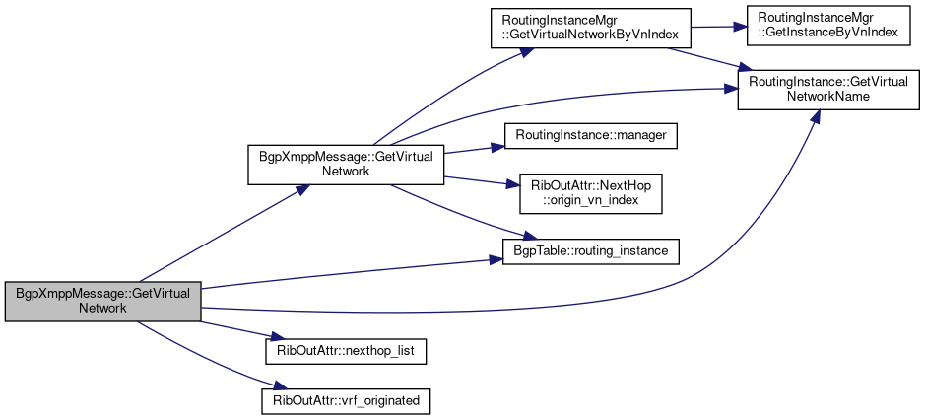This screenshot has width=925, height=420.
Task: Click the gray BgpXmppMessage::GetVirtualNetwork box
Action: coord(102,301)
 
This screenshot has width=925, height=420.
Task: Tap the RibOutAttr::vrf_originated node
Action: coord(346,401)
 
